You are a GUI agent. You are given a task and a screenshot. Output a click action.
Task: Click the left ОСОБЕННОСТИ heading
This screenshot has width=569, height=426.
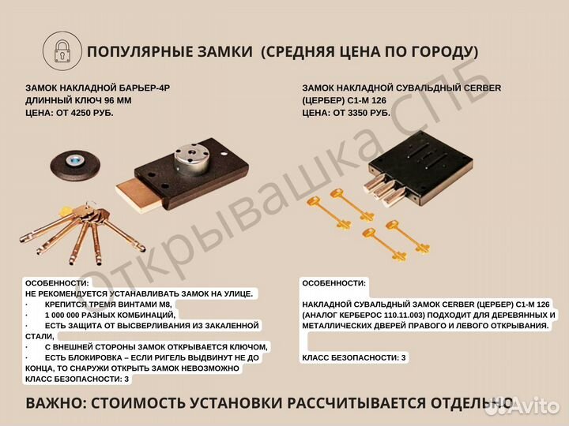pyautogui.click(x=57, y=282)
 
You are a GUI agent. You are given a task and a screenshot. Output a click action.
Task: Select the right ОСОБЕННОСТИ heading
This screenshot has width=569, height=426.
pyautogui.click(x=333, y=282)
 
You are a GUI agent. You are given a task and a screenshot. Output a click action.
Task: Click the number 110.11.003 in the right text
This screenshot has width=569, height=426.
pyautogui.click(x=399, y=315)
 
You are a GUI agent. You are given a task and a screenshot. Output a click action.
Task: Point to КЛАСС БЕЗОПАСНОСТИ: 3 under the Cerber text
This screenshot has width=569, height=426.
pyautogui.click(x=353, y=357)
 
